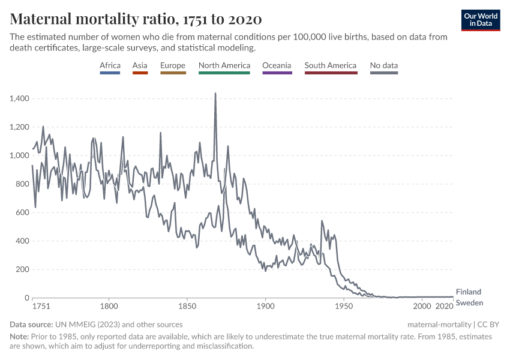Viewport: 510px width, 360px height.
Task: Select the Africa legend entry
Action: (110, 65)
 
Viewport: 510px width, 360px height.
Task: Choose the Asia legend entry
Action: (140, 65)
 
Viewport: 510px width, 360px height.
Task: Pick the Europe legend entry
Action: (173, 65)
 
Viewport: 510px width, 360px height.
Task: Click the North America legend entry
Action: (224, 65)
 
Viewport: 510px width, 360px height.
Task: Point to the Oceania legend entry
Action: (277, 65)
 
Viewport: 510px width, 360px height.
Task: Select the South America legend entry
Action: (330, 65)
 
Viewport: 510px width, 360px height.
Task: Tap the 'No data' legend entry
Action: (384, 65)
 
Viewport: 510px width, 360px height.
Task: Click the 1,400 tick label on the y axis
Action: (20, 98)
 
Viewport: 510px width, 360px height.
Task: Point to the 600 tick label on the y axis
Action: (23, 212)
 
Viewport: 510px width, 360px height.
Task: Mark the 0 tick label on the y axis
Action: (27, 298)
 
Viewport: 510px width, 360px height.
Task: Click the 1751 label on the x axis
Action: (41, 307)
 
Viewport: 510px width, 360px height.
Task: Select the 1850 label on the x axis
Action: (187, 307)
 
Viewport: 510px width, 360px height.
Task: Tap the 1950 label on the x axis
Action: (344, 307)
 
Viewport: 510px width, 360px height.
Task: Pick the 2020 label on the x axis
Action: (444, 307)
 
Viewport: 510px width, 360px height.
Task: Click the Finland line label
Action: (469, 292)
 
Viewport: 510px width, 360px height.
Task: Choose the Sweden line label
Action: (469, 303)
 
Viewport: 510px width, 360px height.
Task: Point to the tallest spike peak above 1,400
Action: (215, 94)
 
